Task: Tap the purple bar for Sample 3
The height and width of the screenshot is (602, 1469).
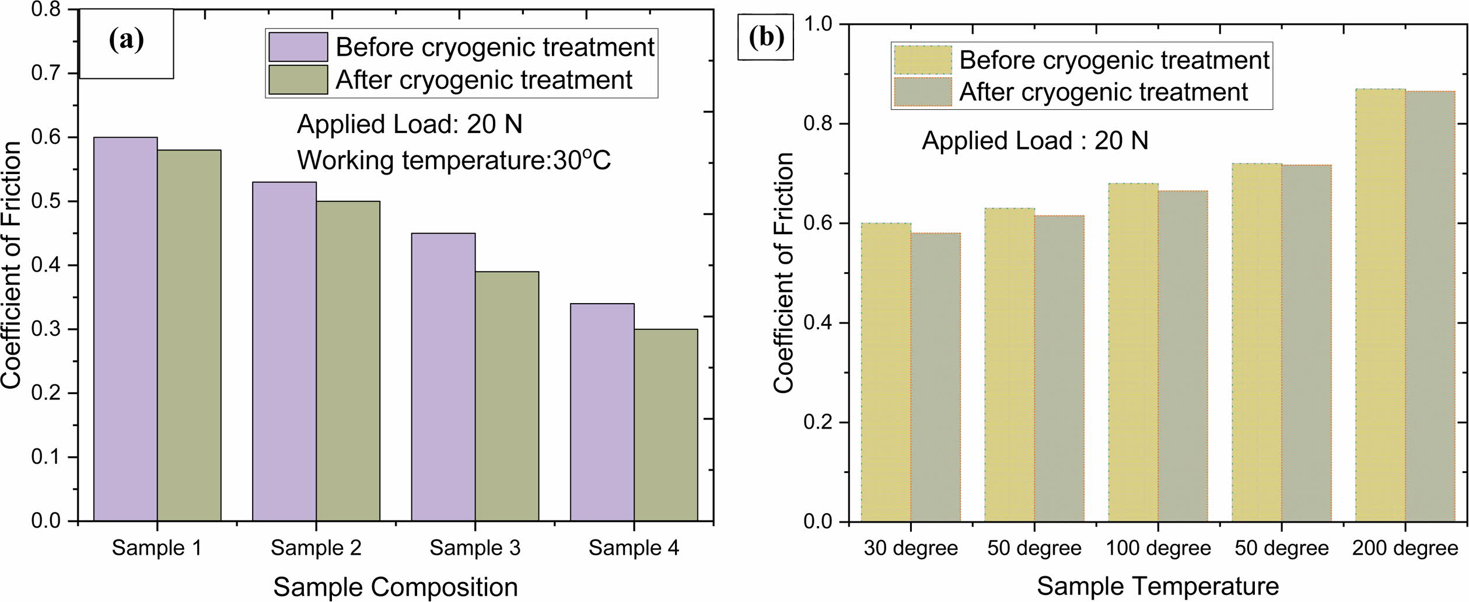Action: (443, 377)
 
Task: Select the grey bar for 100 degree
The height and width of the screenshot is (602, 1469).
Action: (1183, 356)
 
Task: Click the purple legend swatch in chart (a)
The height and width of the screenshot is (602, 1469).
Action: (298, 47)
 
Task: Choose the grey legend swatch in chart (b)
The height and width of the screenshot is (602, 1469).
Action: (922, 92)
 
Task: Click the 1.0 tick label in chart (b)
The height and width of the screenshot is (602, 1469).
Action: (819, 25)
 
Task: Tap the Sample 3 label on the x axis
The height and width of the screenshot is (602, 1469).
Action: (475, 548)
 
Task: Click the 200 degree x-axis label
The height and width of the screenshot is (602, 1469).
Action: (1405, 548)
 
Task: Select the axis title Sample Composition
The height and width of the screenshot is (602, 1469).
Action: (396, 587)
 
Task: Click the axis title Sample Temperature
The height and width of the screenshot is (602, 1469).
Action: (1157, 586)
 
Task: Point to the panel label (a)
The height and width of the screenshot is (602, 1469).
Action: (126, 41)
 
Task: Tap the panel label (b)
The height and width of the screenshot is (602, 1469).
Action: (766, 38)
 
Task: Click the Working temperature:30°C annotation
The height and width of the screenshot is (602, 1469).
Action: (454, 160)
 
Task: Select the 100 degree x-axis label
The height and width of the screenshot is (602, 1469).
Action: (1158, 548)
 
